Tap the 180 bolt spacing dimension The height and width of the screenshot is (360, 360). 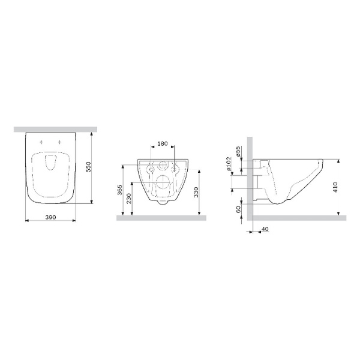click(x=161, y=145)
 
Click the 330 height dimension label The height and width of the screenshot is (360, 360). click(x=198, y=191)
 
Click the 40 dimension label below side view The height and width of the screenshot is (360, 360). click(x=265, y=228)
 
